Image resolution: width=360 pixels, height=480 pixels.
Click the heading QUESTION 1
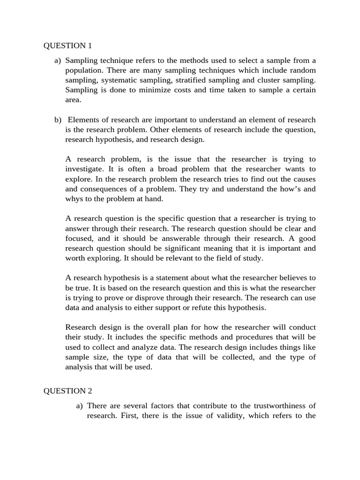68,45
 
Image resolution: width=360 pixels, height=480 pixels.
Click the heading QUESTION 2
68,391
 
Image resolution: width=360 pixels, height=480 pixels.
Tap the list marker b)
58,120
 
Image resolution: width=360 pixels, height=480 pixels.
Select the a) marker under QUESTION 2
80,405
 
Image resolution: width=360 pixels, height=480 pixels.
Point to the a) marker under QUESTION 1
58,60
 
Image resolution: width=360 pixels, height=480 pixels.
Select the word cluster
269,80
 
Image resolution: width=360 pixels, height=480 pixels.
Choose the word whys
74,199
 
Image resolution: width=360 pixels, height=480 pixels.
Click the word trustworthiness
280,405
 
